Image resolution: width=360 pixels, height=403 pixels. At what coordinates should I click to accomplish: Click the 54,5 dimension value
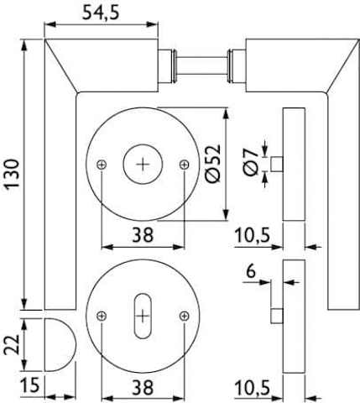[101, 13]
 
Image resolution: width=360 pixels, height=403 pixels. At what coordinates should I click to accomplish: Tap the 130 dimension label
[13, 174]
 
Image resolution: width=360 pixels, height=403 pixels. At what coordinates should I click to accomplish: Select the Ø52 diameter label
[212, 164]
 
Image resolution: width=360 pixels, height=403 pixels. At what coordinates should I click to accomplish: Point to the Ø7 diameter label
[250, 162]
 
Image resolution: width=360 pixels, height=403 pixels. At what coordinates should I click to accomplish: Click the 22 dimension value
[12, 344]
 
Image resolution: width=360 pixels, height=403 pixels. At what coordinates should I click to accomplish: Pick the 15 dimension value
[30, 385]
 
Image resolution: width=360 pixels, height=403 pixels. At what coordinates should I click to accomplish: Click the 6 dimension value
[251, 271]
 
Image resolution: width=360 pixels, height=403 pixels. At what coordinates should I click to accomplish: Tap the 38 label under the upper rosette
[143, 234]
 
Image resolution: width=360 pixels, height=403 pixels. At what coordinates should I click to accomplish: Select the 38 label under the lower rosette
[143, 387]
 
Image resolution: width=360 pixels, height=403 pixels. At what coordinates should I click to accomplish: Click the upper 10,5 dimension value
[253, 235]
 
